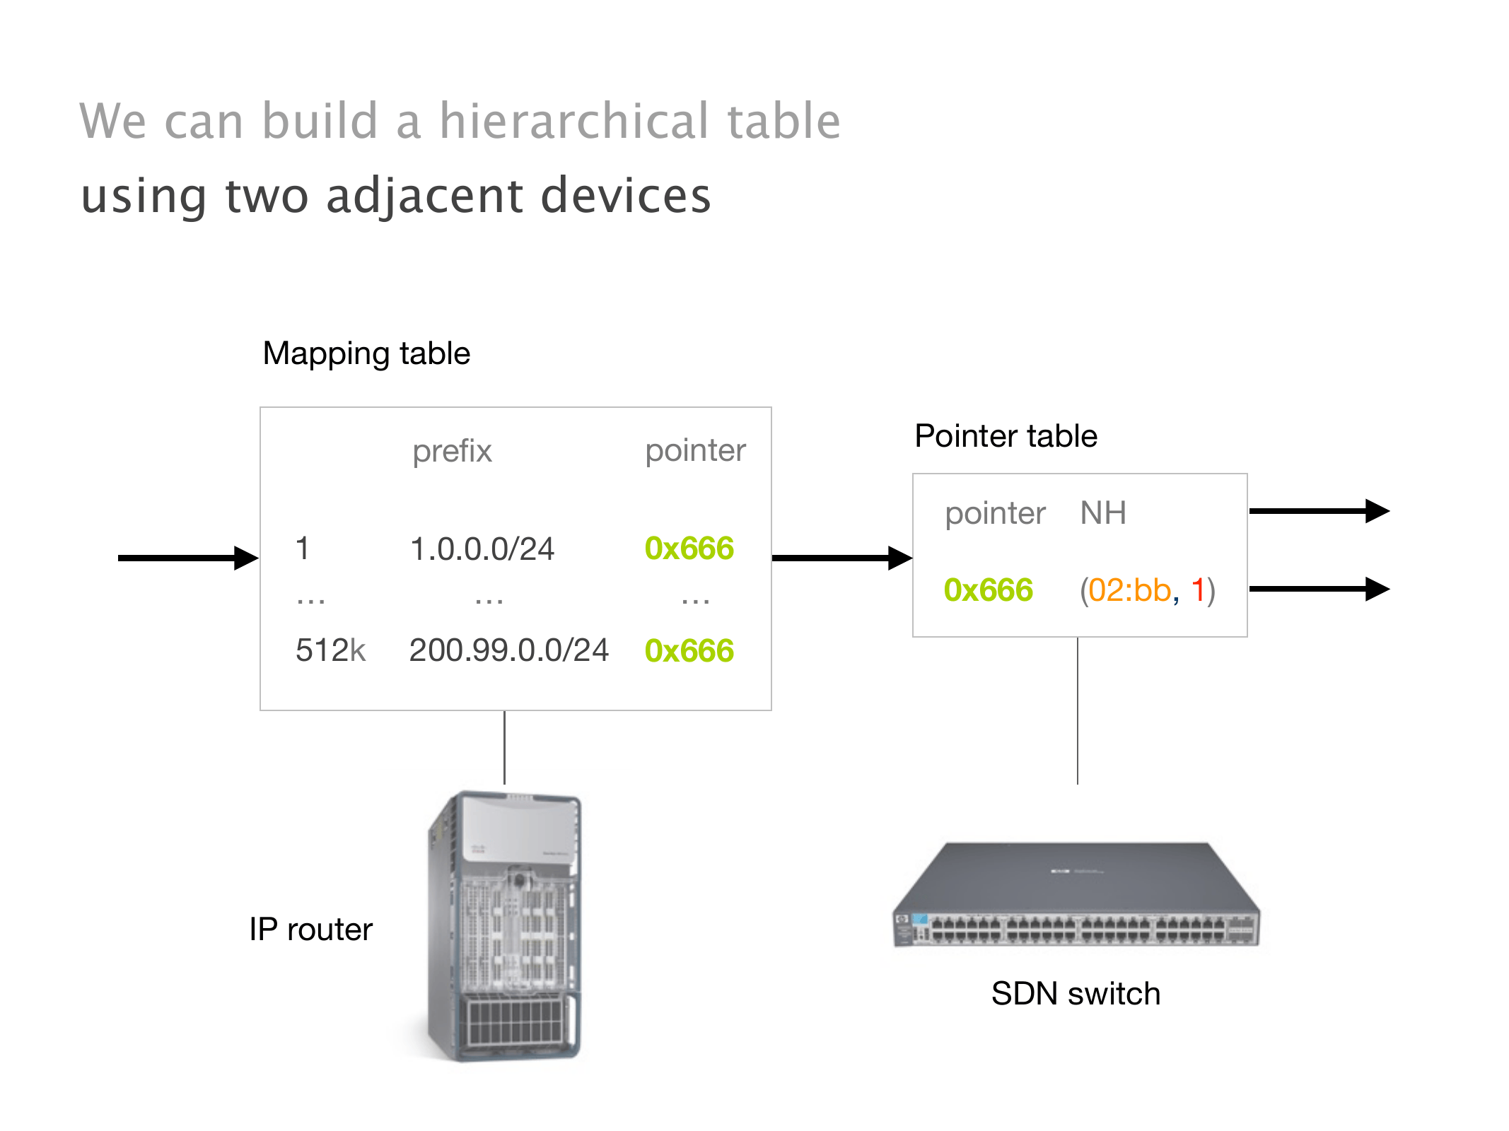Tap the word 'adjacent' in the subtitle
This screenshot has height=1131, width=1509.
click(x=425, y=196)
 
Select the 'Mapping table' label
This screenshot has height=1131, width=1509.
click(x=366, y=353)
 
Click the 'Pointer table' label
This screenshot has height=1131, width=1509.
click(x=1006, y=436)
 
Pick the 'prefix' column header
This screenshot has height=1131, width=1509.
click(x=452, y=451)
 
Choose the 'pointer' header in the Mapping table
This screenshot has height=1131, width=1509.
click(x=695, y=451)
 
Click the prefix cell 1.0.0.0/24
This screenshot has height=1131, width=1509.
click(x=482, y=549)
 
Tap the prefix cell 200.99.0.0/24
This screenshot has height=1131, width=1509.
click(x=508, y=650)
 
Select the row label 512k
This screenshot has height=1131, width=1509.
click(x=330, y=650)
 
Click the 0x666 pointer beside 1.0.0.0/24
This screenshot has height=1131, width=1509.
click(x=689, y=549)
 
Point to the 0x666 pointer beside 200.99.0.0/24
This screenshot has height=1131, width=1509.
click(x=689, y=651)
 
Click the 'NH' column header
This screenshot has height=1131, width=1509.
click(x=1103, y=513)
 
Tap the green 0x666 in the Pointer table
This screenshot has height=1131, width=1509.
click(x=989, y=590)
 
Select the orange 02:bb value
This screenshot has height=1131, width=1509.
click(x=1129, y=590)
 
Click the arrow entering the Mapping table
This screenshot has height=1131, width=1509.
click(x=187, y=558)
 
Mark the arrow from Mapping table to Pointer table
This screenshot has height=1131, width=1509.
click(x=841, y=558)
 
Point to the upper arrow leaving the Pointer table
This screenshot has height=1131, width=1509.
click(x=1319, y=510)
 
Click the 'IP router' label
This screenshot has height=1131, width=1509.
click(x=310, y=930)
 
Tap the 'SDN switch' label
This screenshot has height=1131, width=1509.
click(x=1076, y=994)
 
